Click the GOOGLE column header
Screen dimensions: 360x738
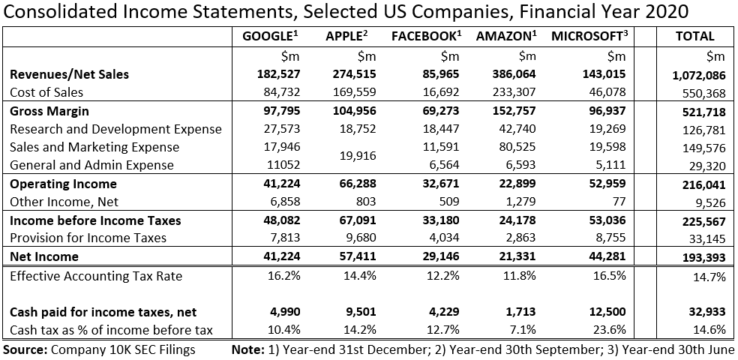pos(267,36)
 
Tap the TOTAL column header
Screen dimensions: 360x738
pos(695,36)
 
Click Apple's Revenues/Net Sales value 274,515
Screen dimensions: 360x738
pos(355,74)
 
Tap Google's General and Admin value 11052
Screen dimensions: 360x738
pos(284,165)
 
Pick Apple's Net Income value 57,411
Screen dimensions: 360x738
pos(358,256)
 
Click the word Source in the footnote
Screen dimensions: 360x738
pos(23,349)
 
